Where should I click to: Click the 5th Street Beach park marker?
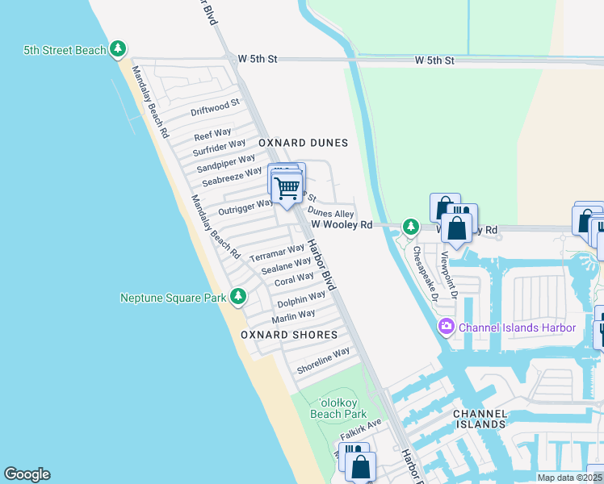[118, 50]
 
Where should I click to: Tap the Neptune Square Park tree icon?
[238, 298]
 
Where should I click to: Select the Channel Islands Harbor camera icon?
[446, 327]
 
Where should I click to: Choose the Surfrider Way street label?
[219, 148]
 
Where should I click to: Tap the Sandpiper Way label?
[226, 162]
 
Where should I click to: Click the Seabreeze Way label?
[232, 176]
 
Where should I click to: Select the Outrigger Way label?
[246, 207]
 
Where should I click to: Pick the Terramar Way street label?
[277, 252]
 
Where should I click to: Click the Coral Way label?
[294, 279]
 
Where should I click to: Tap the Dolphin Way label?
[301, 298]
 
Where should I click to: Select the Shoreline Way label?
[323, 361]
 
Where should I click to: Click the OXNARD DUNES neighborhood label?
[303, 143]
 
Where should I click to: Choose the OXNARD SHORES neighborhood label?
[288, 335]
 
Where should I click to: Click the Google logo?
[27, 474]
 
